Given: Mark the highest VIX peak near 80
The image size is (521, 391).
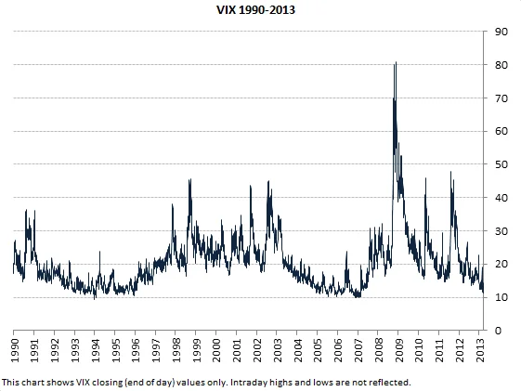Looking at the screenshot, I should click(397, 63).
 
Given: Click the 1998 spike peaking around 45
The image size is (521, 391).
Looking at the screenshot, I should click(190, 180).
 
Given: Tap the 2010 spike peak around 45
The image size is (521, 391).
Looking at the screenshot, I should click(425, 179).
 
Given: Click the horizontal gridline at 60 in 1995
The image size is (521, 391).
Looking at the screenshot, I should click(115, 131).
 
